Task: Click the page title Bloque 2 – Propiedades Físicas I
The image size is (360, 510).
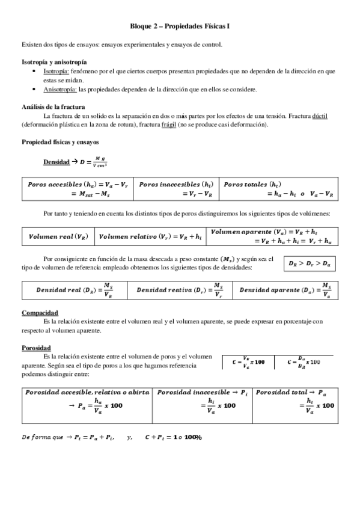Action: [x=180, y=27]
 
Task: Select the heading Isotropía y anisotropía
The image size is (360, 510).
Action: [x=53, y=62]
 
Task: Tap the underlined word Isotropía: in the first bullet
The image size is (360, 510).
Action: [x=59, y=71]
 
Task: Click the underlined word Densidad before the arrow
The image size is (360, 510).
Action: [x=56, y=162]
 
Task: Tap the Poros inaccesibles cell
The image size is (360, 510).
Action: [x=175, y=188]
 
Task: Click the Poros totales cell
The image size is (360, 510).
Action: [x=279, y=188]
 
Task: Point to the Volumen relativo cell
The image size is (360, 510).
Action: [x=149, y=237]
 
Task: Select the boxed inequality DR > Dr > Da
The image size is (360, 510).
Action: [x=309, y=263]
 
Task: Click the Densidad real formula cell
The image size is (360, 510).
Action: [x=74, y=290]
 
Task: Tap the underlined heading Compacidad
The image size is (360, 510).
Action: [x=40, y=313]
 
